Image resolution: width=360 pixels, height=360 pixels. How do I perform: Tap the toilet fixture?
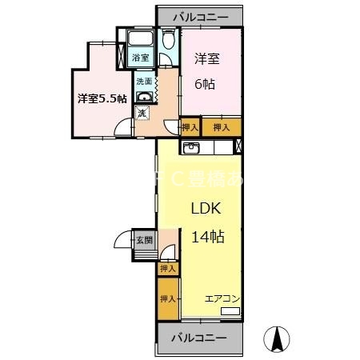coord(168,42)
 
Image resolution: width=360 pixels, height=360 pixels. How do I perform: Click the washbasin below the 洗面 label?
coord(145,98)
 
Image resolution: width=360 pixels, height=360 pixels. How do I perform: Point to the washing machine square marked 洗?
coord(141,114)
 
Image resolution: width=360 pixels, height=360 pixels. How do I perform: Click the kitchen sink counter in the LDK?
coord(192,147)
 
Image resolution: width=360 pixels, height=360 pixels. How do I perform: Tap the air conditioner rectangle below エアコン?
coord(230,310)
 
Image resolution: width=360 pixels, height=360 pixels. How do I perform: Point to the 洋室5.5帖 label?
coord(102,98)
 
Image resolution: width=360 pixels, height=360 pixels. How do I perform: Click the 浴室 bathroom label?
coord(140,57)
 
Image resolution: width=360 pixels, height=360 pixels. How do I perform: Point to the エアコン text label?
coord(222,298)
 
